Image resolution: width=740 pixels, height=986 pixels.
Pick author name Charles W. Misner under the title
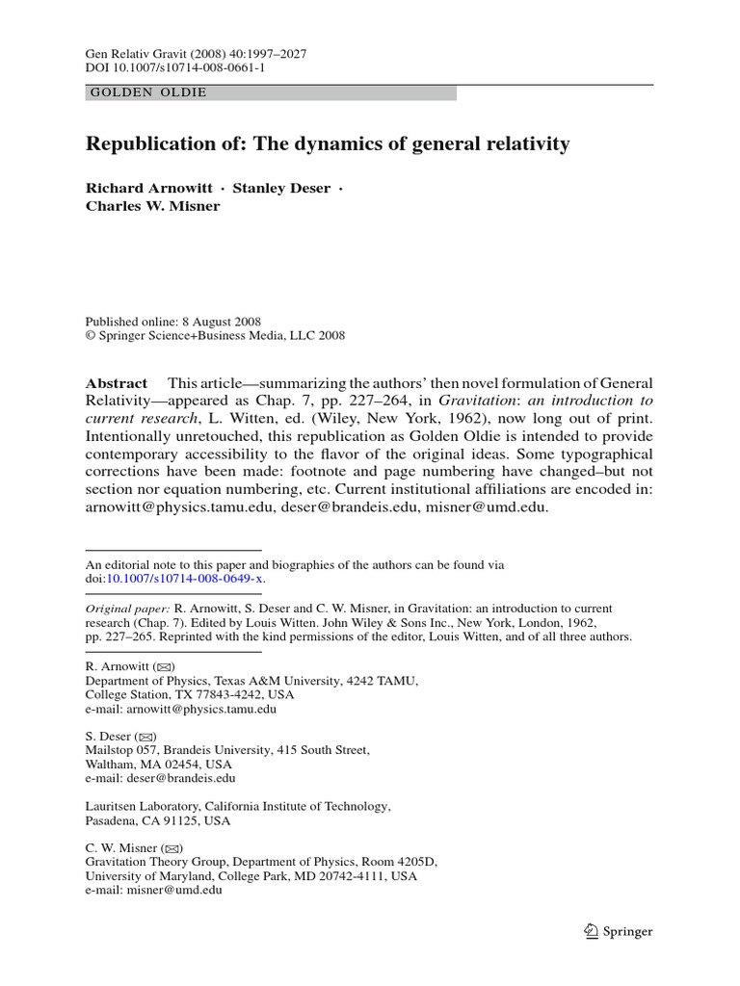(x=153, y=206)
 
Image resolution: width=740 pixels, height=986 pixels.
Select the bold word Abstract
(x=117, y=382)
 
